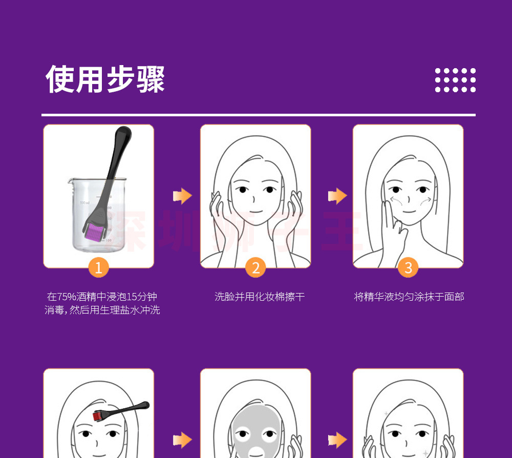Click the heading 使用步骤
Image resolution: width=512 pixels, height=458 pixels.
[x=105, y=79]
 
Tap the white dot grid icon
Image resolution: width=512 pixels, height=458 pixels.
[x=455, y=80]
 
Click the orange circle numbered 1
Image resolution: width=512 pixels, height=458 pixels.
[x=99, y=267]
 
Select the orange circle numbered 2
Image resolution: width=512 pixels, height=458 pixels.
[x=255, y=267]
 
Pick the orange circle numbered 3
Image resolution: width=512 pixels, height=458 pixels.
[x=408, y=267]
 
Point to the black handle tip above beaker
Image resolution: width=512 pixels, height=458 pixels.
[x=123, y=134]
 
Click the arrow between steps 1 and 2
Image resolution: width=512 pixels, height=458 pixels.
[x=182, y=196]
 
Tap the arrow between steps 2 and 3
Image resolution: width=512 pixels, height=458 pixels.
[x=337, y=196]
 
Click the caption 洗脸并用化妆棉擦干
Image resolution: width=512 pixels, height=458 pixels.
[x=260, y=297]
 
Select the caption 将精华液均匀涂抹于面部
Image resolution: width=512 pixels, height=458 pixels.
[x=409, y=297]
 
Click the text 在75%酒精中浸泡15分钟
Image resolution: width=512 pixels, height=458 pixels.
[x=102, y=297]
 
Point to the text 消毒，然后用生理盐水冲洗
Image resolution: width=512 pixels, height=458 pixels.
[x=102, y=310]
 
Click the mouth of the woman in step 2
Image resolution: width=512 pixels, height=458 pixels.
[x=255, y=211]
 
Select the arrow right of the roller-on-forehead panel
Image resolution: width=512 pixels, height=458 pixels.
[x=182, y=440]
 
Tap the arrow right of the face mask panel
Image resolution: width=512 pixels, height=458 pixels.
[x=337, y=440]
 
